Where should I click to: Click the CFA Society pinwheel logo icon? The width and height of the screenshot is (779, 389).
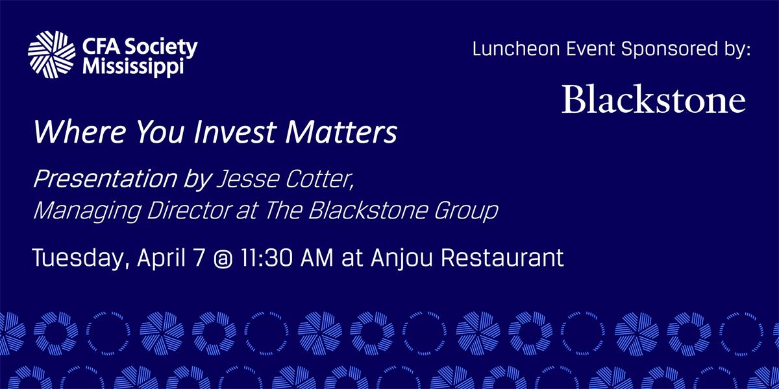pyautogui.click(x=51, y=54)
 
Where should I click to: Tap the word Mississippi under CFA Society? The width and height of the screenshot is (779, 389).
pyautogui.click(x=133, y=67)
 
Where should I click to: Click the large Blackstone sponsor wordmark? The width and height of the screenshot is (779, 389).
pyautogui.click(x=654, y=99)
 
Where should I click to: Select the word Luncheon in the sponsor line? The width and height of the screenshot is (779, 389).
pyautogui.click(x=516, y=49)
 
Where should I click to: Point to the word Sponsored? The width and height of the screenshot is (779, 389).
pyautogui.click(x=669, y=50)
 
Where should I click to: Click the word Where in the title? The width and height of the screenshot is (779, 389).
pyautogui.click(x=79, y=132)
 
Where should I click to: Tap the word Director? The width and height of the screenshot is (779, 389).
pyautogui.click(x=189, y=210)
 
